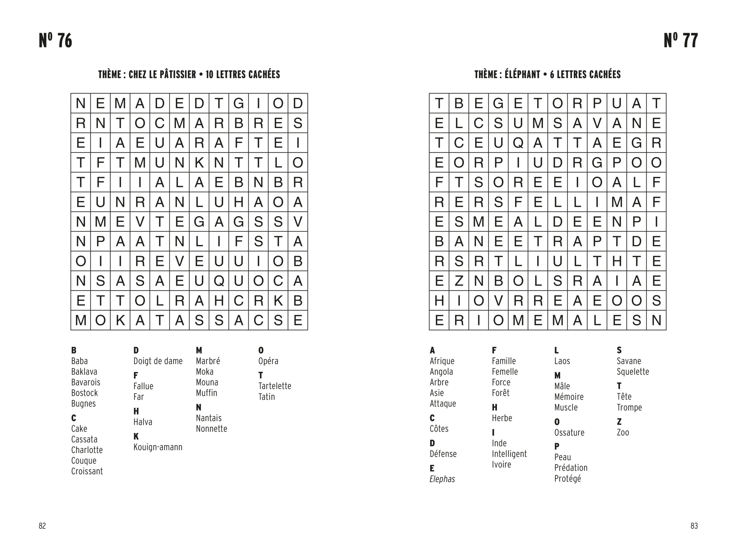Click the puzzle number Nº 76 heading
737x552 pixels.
click(x=55, y=41)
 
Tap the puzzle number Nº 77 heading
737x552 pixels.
click(x=681, y=41)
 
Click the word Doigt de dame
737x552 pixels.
click(x=158, y=361)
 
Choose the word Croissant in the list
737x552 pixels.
click(x=87, y=471)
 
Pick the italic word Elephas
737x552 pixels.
click(x=442, y=479)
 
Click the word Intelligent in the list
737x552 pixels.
click(x=509, y=454)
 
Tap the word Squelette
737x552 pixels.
click(x=633, y=372)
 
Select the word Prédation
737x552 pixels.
click(x=571, y=468)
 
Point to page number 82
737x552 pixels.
click(x=42, y=526)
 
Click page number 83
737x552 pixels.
click(x=694, y=526)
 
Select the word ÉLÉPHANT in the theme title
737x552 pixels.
click(x=522, y=75)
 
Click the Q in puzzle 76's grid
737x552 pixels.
click(x=219, y=281)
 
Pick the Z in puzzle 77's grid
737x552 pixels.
click(x=459, y=281)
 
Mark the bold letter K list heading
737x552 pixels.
click(x=136, y=436)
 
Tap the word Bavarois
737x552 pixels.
click(x=86, y=382)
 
